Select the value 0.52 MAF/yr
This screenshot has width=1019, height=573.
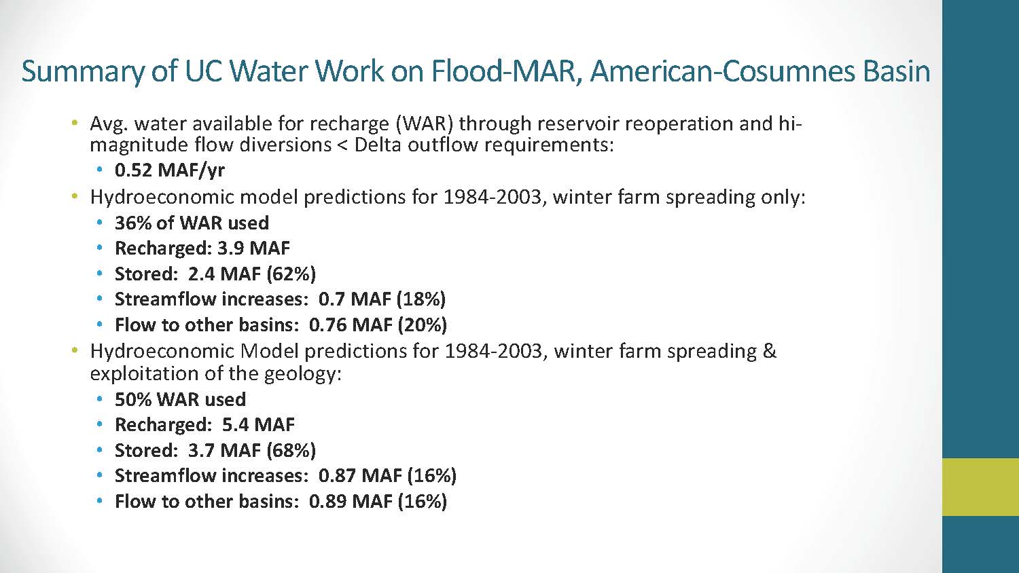coord(170,170)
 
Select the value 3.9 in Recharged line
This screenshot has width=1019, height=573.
coord(231,248)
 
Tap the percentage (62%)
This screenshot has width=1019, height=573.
coord(291,274)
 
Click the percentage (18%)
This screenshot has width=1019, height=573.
coord(421,299)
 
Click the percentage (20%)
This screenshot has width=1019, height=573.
coord(423,325)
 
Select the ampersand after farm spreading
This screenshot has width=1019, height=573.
coord(770,351)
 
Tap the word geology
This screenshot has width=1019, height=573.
coord(300,374)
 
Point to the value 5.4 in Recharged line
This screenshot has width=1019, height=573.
coord(236,425)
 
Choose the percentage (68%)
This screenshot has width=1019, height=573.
coord(291,450)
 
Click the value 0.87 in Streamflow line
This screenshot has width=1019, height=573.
coord(337,476)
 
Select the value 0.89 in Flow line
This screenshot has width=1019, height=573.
coord(327,501)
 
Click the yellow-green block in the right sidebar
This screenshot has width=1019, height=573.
coord(980,487)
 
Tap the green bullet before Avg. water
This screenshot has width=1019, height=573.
coord(75,123)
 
